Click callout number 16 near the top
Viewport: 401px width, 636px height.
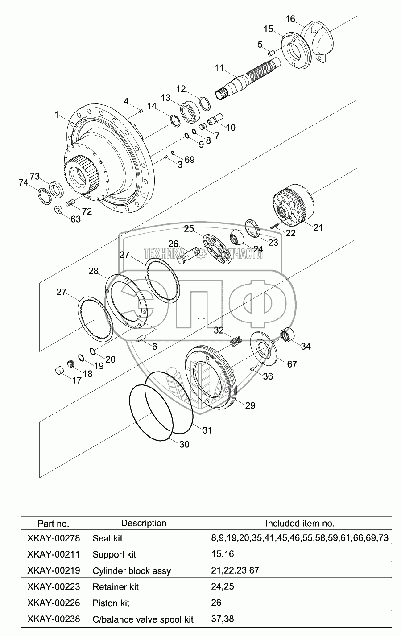pyautogui.click(x=290, y=19)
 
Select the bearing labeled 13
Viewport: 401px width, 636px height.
pyautogui.click(x=190, y=112)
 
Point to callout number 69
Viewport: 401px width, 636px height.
pyautogui.click(x=190, y=159)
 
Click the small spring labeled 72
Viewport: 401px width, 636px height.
pyautogui.click(x=70, y=203)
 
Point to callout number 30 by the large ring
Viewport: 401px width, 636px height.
pyautogui.click(x=184, y=444)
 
